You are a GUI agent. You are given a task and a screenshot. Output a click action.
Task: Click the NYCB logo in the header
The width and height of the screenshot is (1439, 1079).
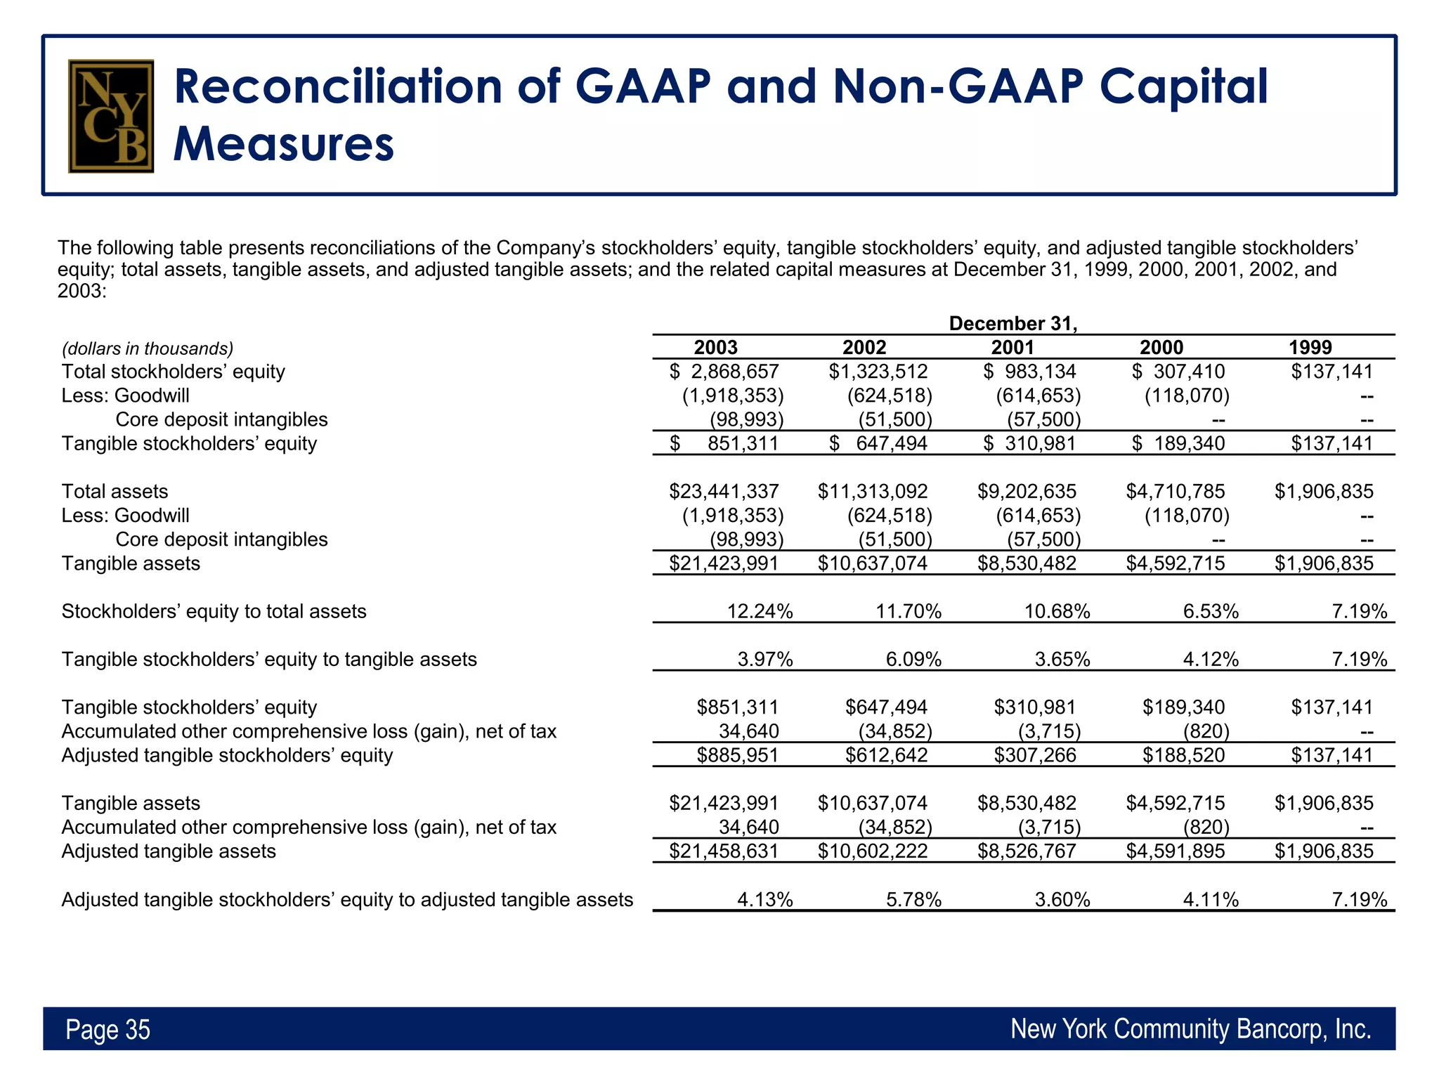click(111, 116)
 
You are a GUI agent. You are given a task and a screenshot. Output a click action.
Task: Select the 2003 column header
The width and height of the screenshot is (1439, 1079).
click(715, 347)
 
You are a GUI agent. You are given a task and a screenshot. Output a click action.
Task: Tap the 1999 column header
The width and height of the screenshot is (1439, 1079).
click(1310, 347)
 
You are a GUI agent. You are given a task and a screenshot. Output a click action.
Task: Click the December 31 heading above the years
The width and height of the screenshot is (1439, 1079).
click(1012, 323)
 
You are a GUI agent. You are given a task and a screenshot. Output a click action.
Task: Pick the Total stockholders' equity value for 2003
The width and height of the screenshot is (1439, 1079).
click(724, 372)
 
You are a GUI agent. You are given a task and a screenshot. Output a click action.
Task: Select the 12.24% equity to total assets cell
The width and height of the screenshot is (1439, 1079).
click(760, 611)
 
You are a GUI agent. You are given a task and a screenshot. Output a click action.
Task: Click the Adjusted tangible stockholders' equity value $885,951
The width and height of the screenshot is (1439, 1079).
click(737, 755)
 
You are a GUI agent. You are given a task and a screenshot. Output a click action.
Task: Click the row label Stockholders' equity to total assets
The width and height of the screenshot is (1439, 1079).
click(214, 611)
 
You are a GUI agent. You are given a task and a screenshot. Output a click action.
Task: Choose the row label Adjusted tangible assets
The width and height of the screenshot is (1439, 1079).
click(169, 851)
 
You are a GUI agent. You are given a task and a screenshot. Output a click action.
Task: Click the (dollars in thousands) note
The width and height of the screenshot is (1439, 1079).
click(148, 348)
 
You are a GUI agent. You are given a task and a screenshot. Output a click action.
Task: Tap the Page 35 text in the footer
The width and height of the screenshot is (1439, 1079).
click(108, 1029)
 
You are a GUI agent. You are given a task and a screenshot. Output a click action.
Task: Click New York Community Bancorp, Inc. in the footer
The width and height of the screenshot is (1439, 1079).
click(1190, 1028)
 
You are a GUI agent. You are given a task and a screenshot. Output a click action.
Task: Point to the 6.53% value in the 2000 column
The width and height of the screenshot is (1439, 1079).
click(1210, 611)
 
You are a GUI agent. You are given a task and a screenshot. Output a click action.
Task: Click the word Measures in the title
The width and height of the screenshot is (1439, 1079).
click(283, 144)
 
